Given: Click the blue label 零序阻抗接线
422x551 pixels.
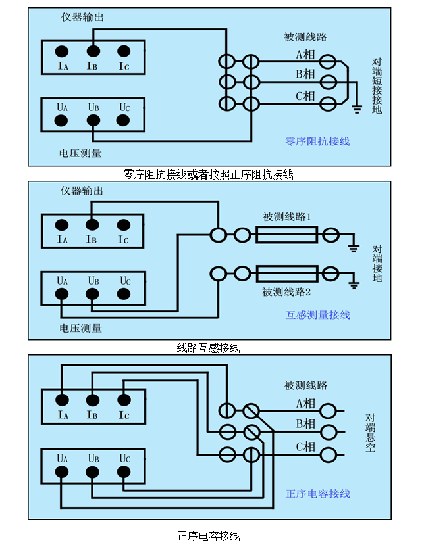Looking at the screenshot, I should pyautogui.click(x=317, y=141).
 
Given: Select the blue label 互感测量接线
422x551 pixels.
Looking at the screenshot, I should pyautogui.click(x=317, y=315).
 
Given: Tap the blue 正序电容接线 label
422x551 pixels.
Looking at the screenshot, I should pyautogui.click(x=317, y=494).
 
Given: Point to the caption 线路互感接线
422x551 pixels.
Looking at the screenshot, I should pyautogui.click(x=209, y=348).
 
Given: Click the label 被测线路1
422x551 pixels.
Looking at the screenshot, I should pyautogui.click(x=286, y=216).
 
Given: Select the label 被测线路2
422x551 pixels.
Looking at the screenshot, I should pyautogui.click(x=286, y=291).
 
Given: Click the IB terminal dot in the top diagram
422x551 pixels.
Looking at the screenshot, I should pyautogui.click(x=93, y=51).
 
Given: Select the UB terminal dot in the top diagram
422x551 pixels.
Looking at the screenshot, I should pyautogui.click(x=93, y=120).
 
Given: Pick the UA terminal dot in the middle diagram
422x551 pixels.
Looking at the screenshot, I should pyautogui.click(x=62, y=295).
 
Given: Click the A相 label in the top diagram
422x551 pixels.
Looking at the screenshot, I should pyautogui.click(x=305, y=55).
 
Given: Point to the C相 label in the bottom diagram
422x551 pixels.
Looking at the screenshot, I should pyautogui.click(x=305, y=447).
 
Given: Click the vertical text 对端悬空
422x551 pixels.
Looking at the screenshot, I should pyautogui.click(x=371, y=433).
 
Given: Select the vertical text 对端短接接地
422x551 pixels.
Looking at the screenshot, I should pyautogui.click(x=377, y=85).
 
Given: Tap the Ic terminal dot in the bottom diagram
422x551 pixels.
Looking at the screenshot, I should pyautogui.click(x=123, y=399).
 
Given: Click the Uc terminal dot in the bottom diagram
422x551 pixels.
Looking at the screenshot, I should pyautogui.click(x=123, y=471).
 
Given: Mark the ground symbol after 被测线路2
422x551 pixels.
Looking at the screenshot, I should pyautogui.click(x=354, y=284).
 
